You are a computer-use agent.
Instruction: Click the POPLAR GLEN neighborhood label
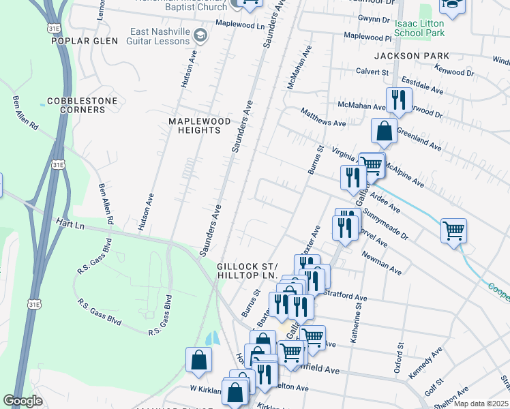[80, 41]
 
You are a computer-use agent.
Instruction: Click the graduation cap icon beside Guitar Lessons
[200, 34]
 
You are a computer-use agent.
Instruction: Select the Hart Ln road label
[70, 226]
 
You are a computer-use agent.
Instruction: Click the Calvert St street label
[372, 72]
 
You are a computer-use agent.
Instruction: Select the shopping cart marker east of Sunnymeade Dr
[453, 230]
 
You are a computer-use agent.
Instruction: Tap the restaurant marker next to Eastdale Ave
[398, 100]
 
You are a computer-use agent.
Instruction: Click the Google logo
[22, 401]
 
